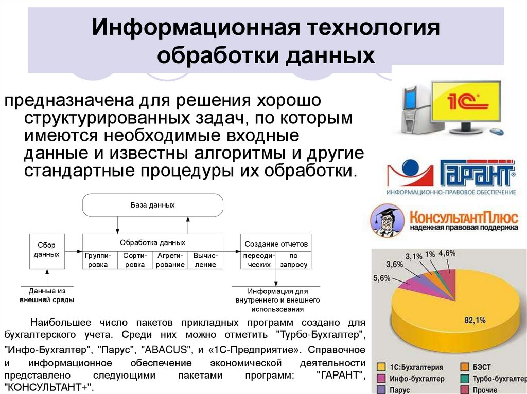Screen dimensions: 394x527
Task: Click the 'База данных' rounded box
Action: (153, 205)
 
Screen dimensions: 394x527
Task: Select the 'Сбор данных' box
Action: (47, 250)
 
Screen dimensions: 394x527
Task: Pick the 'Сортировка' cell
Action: (135, 260)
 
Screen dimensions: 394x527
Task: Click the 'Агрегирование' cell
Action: (171, 260)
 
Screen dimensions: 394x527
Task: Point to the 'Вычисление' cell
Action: (206, 260)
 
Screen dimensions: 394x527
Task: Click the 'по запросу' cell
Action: (294, 260)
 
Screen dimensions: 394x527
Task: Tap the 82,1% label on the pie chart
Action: (475, 320)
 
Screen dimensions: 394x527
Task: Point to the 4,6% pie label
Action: (447, 253)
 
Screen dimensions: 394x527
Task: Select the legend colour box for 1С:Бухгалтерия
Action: (381, 367)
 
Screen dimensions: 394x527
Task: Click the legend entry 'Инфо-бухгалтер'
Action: (417, 379)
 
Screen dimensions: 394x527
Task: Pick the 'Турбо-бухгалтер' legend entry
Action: (497, 379)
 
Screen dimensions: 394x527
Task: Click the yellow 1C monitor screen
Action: (465, 102)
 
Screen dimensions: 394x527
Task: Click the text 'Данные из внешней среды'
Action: (47, 295)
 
